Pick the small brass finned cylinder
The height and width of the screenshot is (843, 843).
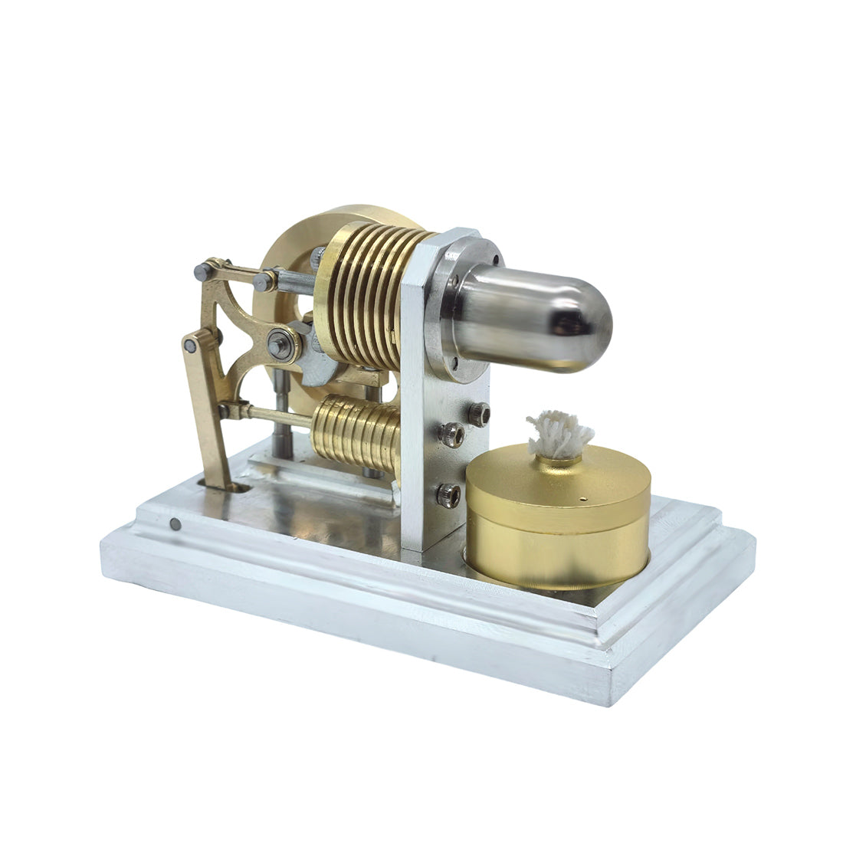coord(357,433)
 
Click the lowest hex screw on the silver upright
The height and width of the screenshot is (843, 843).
coord(449,494)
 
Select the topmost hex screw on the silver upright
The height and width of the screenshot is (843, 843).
coord(480,414)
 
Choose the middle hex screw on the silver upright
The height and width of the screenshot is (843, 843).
coord(451,436)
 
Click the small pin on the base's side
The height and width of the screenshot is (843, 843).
coord(175,524)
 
